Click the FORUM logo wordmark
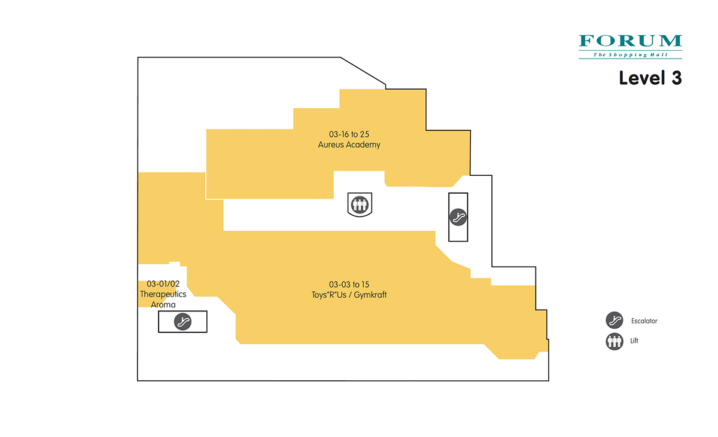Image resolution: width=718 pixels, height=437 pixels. click(630, 41)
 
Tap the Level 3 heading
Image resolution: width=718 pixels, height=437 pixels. click(650, 78)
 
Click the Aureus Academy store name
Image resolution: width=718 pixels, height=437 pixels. click(349, 145)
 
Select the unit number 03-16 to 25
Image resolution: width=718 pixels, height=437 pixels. click(349, 134)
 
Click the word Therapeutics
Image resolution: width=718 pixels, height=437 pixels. click(163, 294)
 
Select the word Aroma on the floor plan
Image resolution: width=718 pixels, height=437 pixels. click(163, 305)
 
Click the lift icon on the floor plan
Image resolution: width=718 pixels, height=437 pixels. click(360, 204)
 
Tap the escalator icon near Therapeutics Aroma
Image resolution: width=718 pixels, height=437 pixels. click(182, 322)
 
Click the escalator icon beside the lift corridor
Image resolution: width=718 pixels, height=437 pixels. click(458, 217)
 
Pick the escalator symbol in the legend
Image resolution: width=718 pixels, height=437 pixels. click(614, 320)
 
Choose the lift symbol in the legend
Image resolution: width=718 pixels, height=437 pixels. click(614, 341)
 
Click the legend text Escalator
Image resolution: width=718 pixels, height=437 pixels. click(644, 321)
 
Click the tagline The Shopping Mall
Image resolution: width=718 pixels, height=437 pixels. click(630, 55)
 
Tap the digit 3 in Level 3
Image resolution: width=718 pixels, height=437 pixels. click(676, 78)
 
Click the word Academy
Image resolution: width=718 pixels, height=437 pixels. click(364, 145)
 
